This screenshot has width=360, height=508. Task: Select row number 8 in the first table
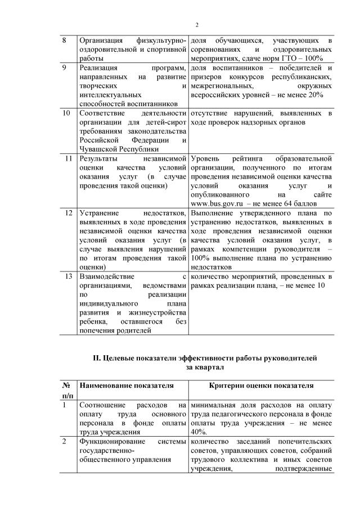coord(64,41)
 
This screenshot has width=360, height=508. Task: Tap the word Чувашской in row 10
coord(100,148)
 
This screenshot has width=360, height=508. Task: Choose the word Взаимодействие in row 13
coord(107,276)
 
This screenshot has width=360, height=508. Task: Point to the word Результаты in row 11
coord(99,159)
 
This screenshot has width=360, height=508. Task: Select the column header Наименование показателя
coord(126,386)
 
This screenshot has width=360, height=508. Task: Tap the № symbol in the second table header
coord(65,386)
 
